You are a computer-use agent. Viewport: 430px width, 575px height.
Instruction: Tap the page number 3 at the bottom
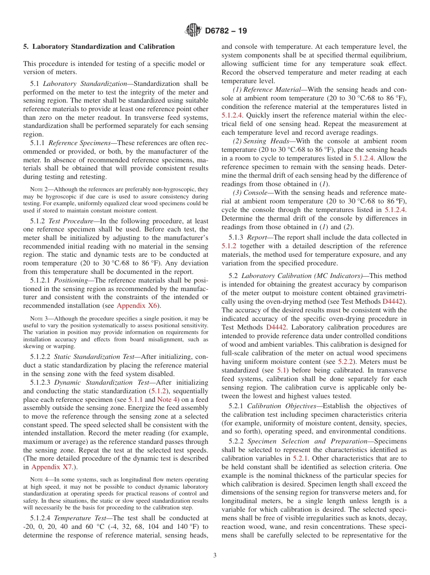coord(215,556)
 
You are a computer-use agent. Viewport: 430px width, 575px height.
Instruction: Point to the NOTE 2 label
coord(38,190)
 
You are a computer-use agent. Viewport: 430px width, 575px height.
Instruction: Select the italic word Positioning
coord(71,280)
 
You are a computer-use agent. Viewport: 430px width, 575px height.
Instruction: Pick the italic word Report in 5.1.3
coord(257,237)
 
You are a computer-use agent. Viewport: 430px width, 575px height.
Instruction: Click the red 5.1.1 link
coord(135,400)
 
